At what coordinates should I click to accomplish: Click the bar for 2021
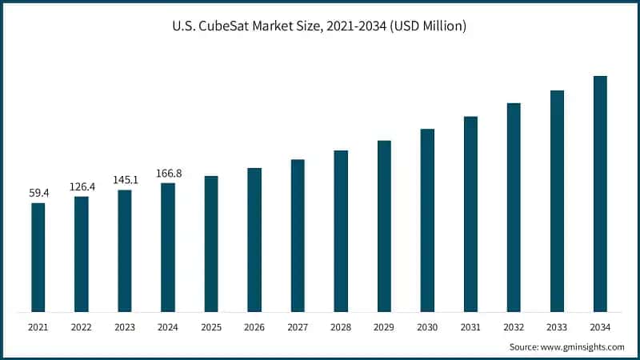click(38, 257)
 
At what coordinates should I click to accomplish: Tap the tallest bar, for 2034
click(600, 194)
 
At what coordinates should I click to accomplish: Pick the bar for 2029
click(384, 226)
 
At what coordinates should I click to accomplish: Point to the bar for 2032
click(514, 207)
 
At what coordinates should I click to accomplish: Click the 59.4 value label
click(38, 193)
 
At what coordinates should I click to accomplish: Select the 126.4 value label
click(82, 186)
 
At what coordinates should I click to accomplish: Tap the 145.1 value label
click(125, 180)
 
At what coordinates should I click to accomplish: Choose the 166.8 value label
click(168, 173)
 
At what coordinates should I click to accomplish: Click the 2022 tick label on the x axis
click(82, 326)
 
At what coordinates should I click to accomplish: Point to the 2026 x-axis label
click(254, 326)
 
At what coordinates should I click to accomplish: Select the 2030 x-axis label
click(427, 326)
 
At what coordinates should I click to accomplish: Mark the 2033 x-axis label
click(557, 326)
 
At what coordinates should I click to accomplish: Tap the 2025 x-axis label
click(211, 326)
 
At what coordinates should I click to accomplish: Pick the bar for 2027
click(298, 235)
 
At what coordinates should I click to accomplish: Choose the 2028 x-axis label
click(341, 326)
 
